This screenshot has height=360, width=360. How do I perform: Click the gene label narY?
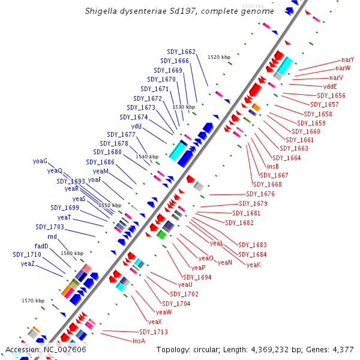[347, 59]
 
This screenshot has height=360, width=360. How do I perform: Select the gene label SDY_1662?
[181, 52]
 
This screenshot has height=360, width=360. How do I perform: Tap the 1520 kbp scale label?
[219, 57]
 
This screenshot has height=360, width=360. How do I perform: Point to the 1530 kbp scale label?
[184, 106]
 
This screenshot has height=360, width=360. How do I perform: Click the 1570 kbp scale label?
[33, 301]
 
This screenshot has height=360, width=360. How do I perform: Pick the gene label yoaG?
[40, 161]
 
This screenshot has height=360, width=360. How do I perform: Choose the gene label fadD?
[41, 246]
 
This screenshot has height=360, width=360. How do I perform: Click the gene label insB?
[272, 166]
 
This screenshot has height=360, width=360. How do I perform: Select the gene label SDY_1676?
[260, 194]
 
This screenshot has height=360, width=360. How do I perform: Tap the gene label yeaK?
[254, 265]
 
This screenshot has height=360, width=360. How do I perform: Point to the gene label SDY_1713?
[154, 332]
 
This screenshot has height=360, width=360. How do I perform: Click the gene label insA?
[139, 340]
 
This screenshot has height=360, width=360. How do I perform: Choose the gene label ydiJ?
[136, 126]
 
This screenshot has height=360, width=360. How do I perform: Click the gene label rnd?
[52, 236]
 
